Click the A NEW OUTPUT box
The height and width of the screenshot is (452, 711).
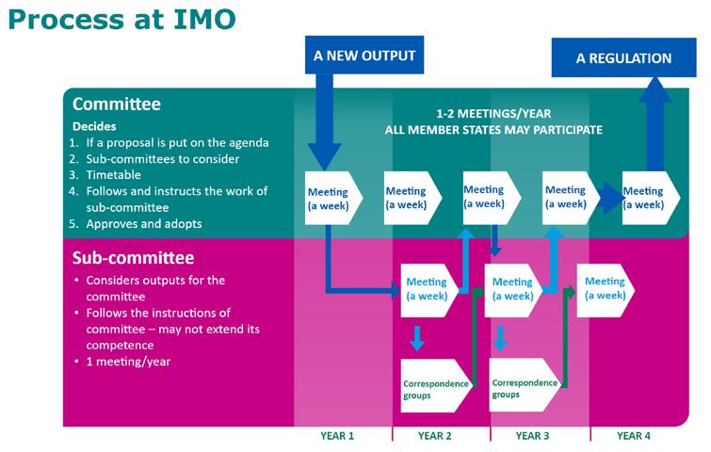364,55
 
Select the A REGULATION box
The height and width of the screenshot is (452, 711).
623,58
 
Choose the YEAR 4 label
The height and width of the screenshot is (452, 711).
633,435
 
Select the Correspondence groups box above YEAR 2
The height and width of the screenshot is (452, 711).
433,387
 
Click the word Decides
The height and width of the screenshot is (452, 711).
97,124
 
